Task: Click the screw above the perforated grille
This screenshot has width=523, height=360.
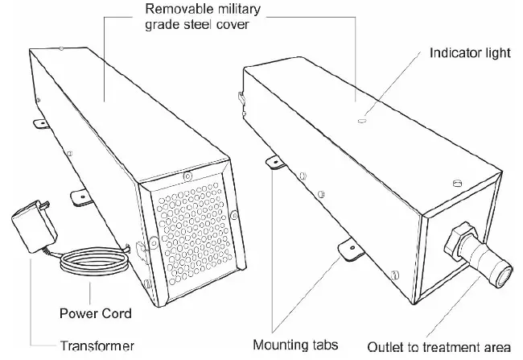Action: pos(187,176)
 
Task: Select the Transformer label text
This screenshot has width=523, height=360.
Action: pos(97,346)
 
